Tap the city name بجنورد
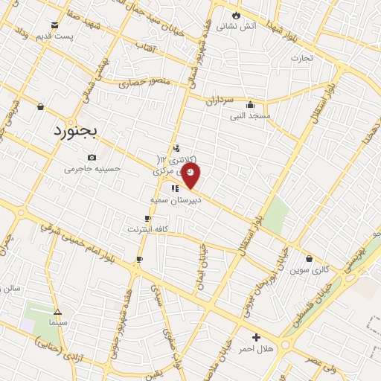[81, 131]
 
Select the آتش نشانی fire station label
[237, 26]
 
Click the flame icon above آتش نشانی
[237, 14]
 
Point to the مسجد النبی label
[250, 116]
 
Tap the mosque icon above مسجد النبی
[250, 105]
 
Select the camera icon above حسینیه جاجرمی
[92, 157]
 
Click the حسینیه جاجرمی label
[92, 169]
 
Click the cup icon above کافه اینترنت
[147, 217]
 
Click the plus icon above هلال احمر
[257, 337]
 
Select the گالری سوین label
[310, 269]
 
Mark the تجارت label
[302, 57]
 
